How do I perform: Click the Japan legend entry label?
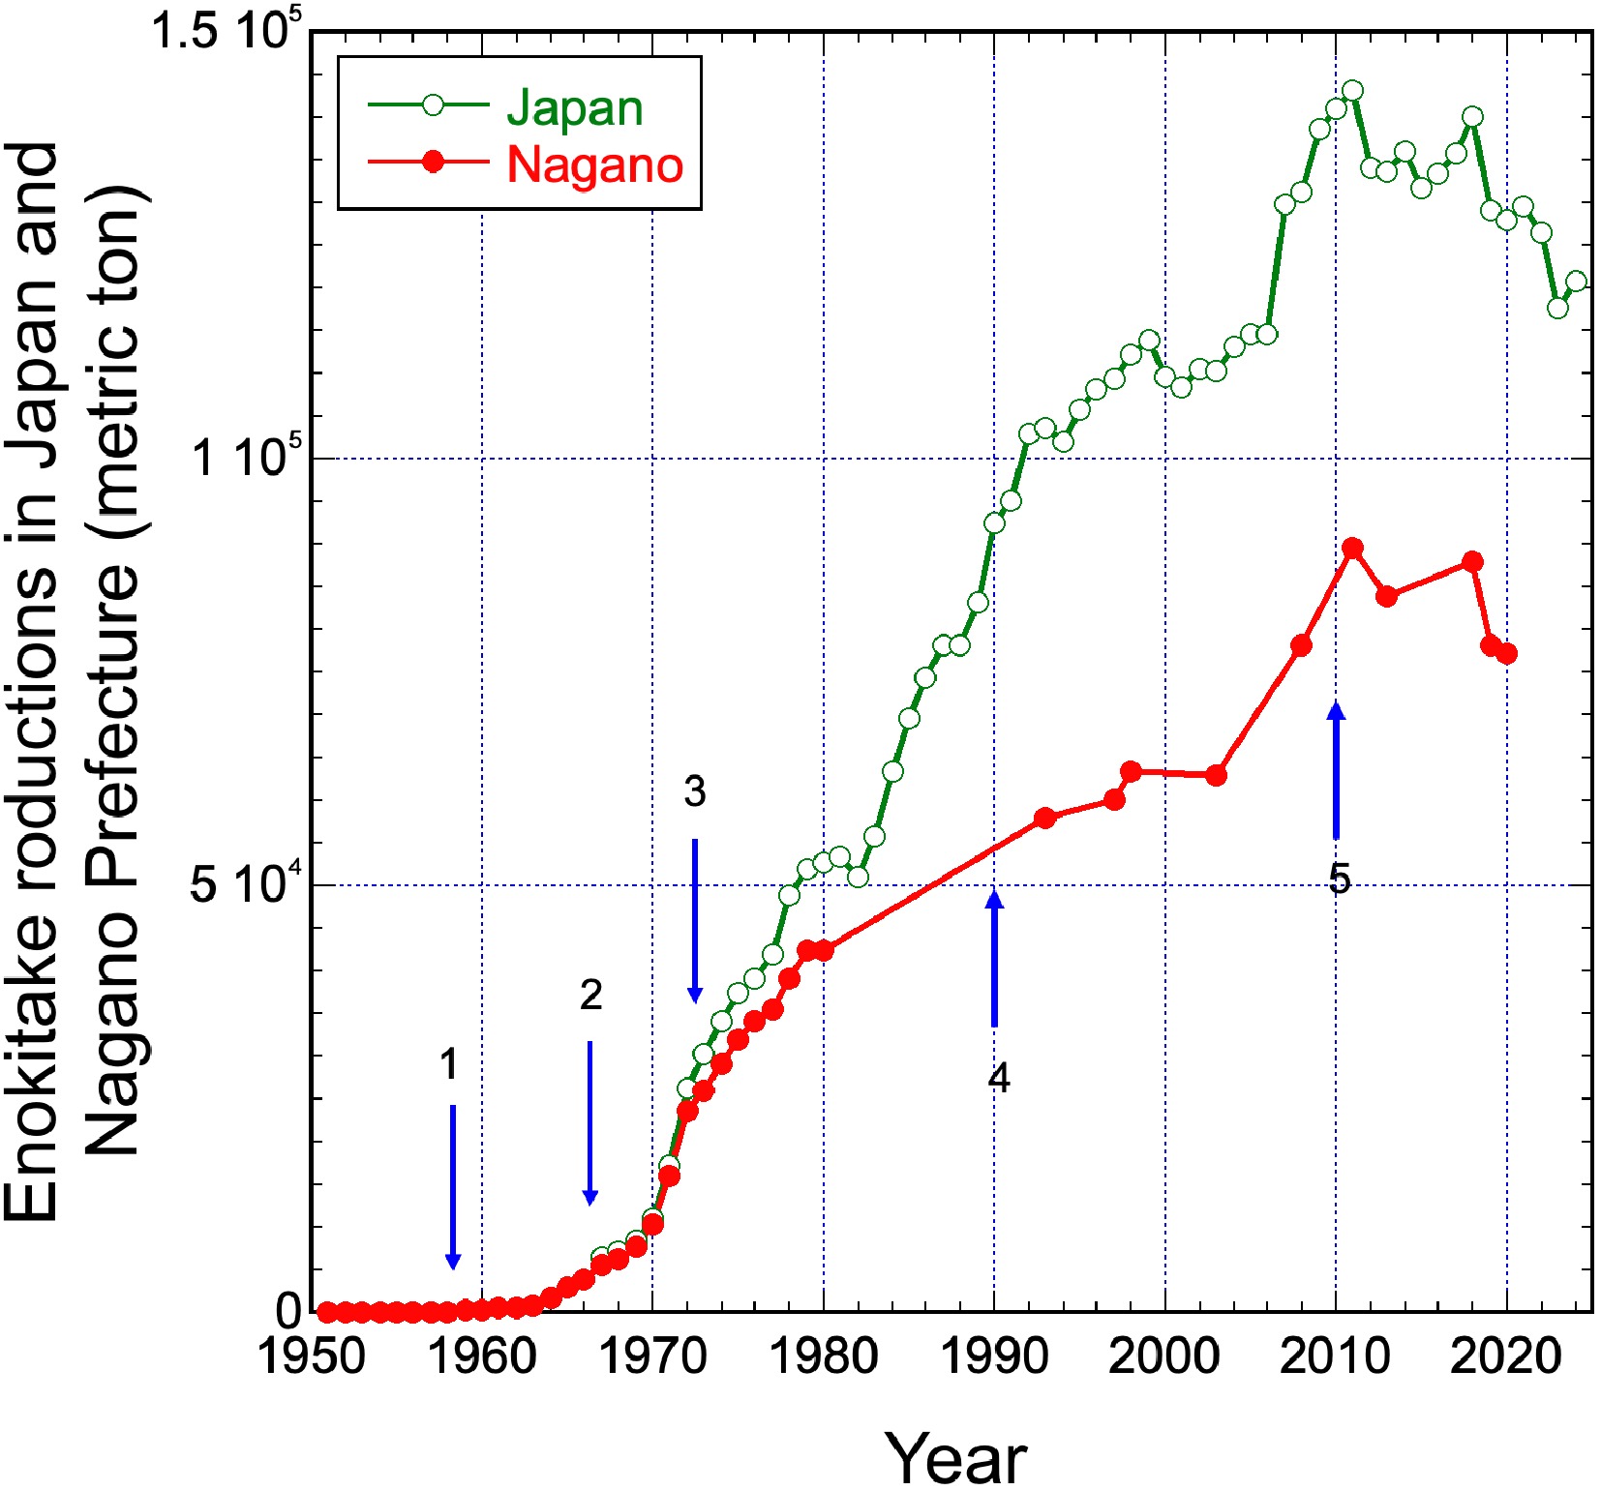574,107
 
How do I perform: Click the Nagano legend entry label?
594,164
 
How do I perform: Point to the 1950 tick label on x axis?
311,1356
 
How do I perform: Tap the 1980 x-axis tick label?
824,1356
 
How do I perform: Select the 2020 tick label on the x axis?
1506,1356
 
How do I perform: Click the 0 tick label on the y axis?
288,1312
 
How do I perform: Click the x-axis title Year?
955,1457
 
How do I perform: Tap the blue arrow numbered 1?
452,1186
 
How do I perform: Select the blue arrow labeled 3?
694,920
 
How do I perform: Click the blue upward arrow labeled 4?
994,958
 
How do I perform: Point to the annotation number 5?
1339,879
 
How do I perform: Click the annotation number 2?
590,995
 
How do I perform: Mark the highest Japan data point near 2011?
1353,91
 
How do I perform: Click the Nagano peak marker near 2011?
1353,549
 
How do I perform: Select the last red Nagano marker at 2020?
1506,654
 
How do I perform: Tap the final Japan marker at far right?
1576,282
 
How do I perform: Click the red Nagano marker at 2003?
1217,775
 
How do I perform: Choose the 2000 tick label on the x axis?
1164,1356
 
